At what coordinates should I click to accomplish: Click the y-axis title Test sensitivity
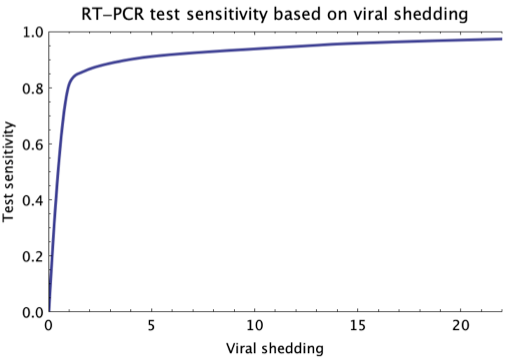[9, 172]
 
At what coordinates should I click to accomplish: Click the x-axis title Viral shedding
[276, 348]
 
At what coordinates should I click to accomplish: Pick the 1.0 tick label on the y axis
[30, 32]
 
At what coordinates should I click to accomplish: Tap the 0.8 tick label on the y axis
[30, 88]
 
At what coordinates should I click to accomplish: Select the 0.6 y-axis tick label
[30, 144]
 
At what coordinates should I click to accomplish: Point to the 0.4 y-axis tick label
[30, 200]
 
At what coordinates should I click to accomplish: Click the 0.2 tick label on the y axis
[30, 256]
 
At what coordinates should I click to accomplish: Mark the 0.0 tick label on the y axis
[30, 312]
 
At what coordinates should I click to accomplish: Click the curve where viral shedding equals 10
[255, 49]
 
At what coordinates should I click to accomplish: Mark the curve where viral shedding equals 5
[152, 56]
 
